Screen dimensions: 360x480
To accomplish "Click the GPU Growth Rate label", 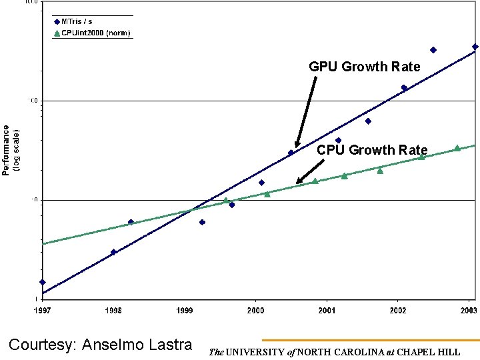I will (x=364, y=67).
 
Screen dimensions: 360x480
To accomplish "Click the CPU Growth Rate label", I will (x=372, y=150).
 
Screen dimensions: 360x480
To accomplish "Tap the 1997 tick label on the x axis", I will (x=42, y=310).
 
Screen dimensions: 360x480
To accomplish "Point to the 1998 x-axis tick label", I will (x=113, y=310).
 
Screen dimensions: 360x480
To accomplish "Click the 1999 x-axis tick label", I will (x=185, y=310).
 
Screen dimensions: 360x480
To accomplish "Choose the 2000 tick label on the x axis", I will (x=255, y=310).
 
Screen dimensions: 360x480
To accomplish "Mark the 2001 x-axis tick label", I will (x=327, y=310).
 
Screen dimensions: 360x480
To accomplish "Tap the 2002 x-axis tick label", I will (x=398, y=310).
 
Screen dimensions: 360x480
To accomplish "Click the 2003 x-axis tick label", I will (x=468, y=310).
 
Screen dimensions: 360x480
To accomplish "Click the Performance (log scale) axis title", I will (x=11, y=150).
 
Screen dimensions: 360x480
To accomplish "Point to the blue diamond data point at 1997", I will (x=43, y=282).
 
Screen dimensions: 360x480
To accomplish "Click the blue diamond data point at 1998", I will (x=113, y=252).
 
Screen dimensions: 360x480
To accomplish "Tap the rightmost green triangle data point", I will (x=457, y=148).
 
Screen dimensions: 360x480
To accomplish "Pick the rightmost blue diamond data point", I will (x=475, y=47).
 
